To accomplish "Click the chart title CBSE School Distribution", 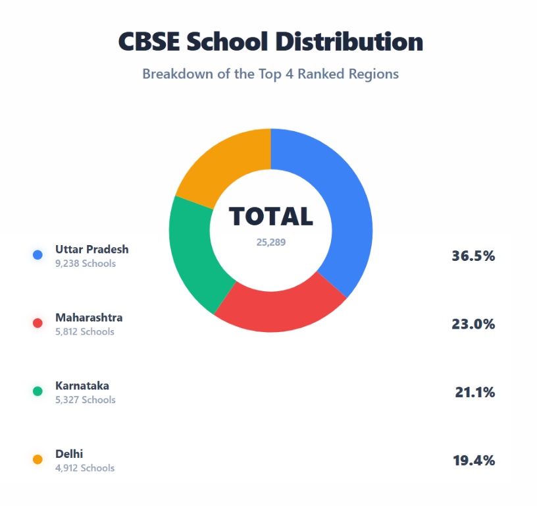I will tap(270, 42).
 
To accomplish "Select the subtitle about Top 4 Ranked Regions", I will tap(270, 73).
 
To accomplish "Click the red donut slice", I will tap(280, 309).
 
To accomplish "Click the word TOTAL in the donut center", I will tap(270, 217).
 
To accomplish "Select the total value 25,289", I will tap(270, 242).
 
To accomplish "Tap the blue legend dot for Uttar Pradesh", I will tap(38, 255).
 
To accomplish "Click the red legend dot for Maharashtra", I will tap(38, 323).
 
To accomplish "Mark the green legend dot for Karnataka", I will tap(38, 391).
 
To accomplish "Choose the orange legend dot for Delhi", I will tap(38, 459).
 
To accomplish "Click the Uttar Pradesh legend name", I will tap(91, 249).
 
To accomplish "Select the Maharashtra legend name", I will tap(88, 318).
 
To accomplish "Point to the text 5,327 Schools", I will tap(85, 400).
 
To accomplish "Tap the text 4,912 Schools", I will tap(84, 468).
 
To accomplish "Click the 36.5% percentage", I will tap(473, 256).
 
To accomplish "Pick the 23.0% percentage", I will tap(473, 324).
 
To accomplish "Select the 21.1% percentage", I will tap(474, 393).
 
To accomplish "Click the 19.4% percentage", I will tap(473, 461).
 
